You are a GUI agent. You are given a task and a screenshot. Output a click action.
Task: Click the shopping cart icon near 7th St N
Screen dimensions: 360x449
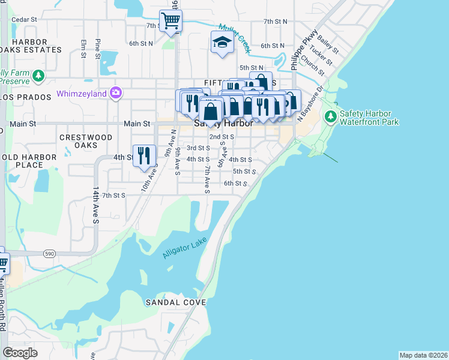[171, 21]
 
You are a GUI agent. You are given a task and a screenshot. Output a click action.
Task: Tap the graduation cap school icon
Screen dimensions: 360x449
[221, 43]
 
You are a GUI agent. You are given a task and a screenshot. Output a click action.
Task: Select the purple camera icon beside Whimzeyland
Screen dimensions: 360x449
[115, 93]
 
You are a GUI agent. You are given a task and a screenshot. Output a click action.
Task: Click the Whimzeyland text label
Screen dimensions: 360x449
[81, 94]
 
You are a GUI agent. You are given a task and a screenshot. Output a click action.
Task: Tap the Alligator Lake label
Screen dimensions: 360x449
[185, 248]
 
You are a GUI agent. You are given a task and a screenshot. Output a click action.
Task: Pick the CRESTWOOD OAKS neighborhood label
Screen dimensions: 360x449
[86, 141]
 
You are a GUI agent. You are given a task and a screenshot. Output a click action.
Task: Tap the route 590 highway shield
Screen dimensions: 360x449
[49, 254]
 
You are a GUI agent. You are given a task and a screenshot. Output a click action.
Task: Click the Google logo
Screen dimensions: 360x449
[20, 352]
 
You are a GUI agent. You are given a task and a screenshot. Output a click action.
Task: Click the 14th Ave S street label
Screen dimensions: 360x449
[95, 205]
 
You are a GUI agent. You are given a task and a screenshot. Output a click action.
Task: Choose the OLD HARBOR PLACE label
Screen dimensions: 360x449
[28, 161]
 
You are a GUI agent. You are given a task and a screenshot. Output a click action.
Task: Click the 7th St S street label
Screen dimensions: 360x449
[113, 195]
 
